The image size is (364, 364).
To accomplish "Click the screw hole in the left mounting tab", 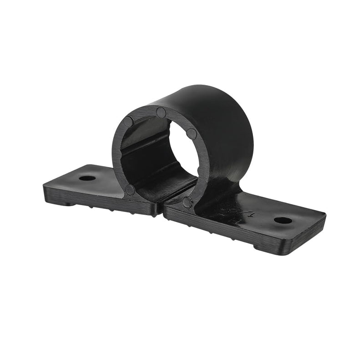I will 87,178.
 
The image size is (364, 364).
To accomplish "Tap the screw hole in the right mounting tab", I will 283,220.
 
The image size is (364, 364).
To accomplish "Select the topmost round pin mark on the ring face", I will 161,112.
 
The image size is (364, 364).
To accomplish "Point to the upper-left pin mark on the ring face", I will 128,121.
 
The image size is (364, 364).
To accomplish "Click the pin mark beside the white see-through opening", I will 192,134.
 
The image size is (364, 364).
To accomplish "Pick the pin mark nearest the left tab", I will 130,190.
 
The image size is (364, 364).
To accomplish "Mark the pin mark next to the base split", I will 187,202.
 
